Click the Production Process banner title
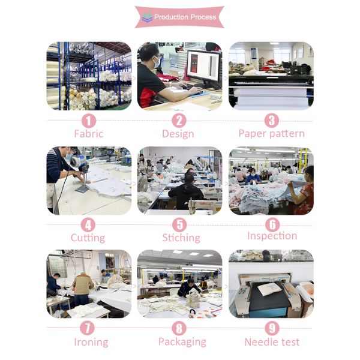click(x=185, y=17)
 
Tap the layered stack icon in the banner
click(x=147, y=17)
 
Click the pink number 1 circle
click(x=89, y=121)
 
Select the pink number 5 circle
click(x=179, y=224)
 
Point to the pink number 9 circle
click(x=272, y=328)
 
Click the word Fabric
click(x=89, y=134)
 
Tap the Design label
click(x=178, y=134)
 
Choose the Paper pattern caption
click(x=272, y=134)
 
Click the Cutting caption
click(x=88, y=238)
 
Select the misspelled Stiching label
click(x=181, y=238)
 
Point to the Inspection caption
click(x=272, y=236)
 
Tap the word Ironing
click(x=91, y=342)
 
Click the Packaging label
click(x=182, y=342)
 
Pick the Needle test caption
click(x=272, y=342)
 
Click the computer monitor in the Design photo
click(x=204, y=68)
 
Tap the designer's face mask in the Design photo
click(x=157, y=62)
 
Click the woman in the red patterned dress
click(x=301, y=190)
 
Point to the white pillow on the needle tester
click(x=269, y=289)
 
